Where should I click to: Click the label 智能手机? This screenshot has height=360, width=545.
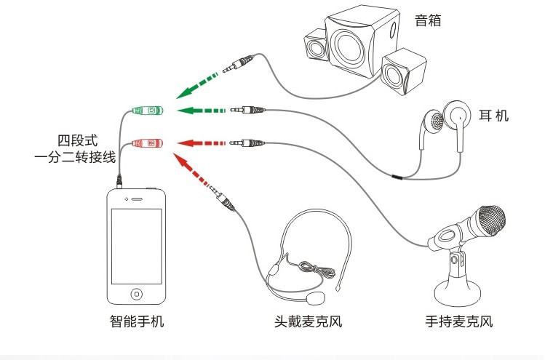click(x=137, y=321)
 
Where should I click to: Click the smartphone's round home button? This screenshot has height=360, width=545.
click(x=137, y=294)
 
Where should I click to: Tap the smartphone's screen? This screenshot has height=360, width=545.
click(x=137, y=246)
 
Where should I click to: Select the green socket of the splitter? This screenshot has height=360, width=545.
click(x=148, y=111)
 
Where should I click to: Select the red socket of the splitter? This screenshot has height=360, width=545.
click(x=148, y=143)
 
